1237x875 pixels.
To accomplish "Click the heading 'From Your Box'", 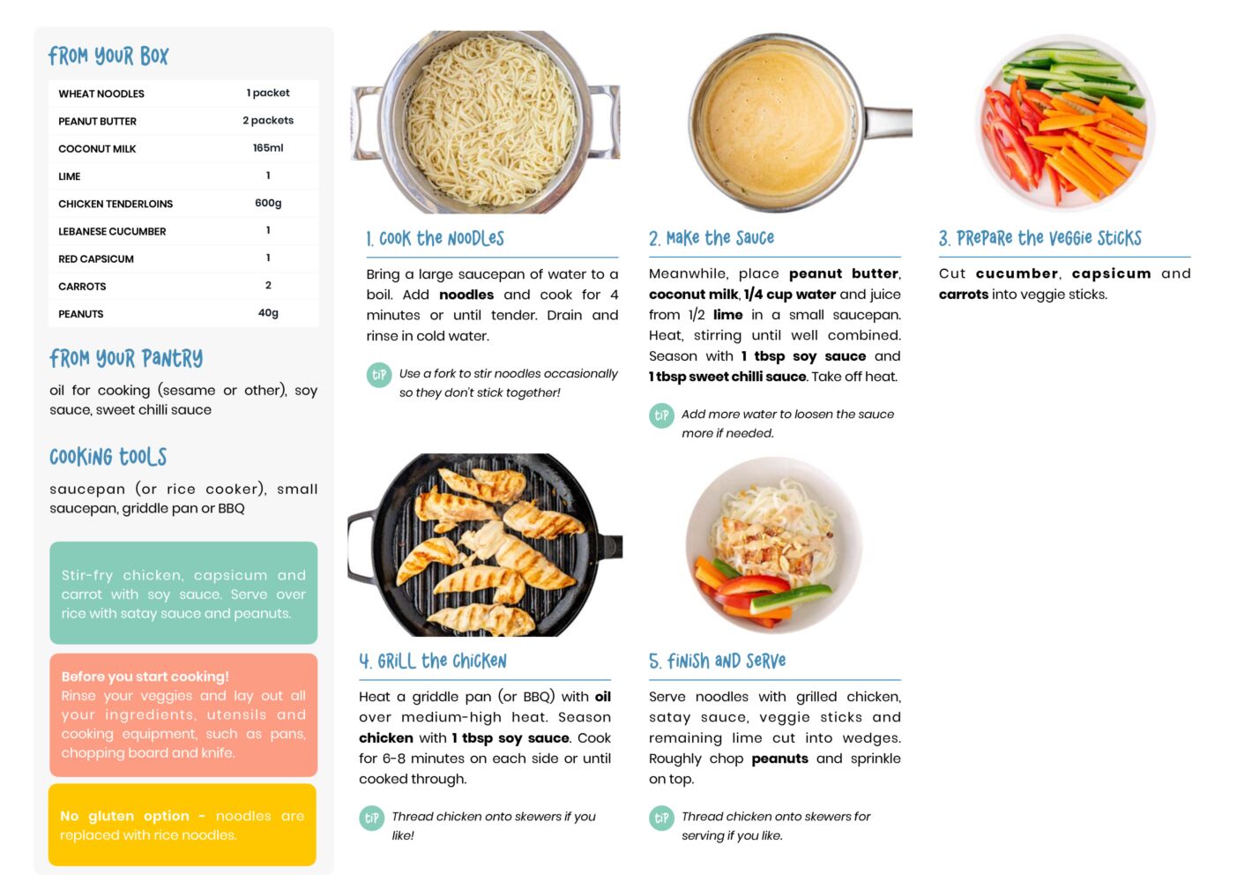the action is coord(108,56).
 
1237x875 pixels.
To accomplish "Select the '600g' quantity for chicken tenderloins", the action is coord(268,203).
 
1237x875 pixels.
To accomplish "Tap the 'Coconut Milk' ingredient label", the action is coord(97,148).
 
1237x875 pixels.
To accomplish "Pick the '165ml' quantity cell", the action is coord(268,147).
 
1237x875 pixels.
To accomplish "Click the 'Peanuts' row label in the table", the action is coord(80,314).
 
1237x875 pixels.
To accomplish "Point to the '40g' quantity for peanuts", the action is coord(268,312).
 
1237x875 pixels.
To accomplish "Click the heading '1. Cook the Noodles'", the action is coord(436,239).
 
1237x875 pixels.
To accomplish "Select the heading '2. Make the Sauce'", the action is coord(712,238).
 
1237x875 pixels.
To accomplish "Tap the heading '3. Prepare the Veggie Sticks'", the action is coord(1040,238).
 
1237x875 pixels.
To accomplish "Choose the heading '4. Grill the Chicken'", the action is coord(432,661).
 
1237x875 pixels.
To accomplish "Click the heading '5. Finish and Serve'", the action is coord(717,661).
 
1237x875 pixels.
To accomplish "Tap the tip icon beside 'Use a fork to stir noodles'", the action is coord(379,375).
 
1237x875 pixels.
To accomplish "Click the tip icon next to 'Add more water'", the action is coord(661,415).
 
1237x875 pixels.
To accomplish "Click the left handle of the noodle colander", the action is coord(364,122).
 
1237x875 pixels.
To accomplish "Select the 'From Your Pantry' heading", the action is coord(126,358).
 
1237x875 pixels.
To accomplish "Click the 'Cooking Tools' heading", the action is coord(108,457).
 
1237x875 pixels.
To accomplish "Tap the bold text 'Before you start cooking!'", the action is coord(145,677).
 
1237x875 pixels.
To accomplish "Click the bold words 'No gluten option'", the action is coord(124,815).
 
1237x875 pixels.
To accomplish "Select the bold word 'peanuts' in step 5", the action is coord(779,759).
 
